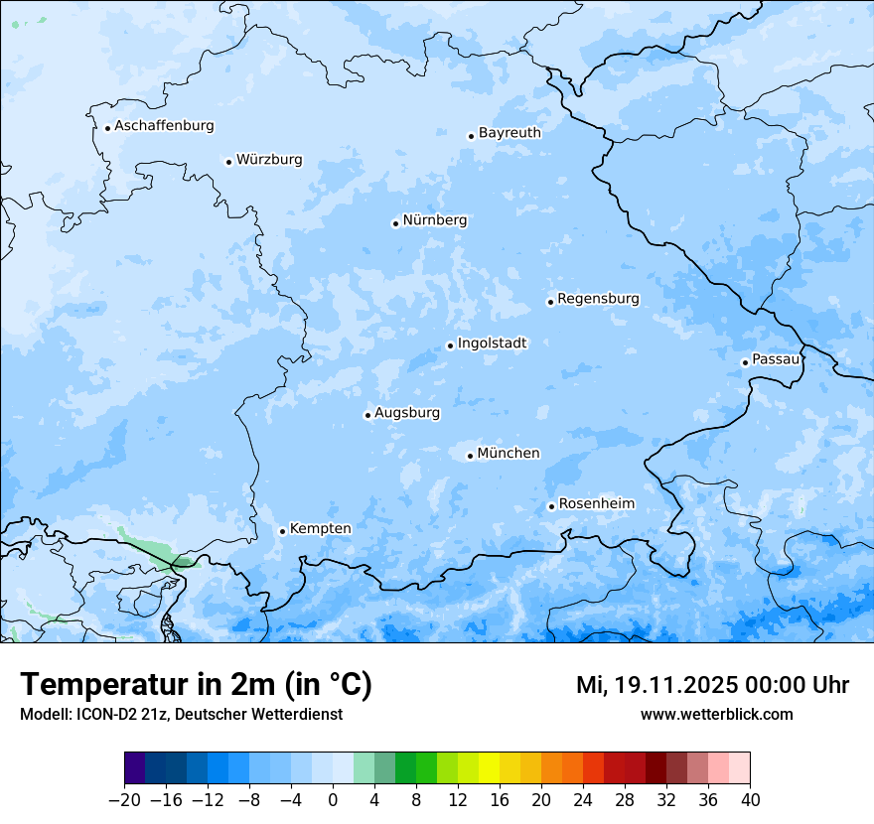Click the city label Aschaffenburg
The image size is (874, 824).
(x=164, y=126)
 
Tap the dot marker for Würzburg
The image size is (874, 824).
(x=228, y=162)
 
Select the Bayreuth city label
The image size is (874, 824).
(x=510, y=132)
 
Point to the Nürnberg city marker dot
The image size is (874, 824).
(x=395, y=223)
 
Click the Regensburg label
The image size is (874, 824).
(x=598, y=298)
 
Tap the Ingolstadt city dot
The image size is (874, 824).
(x=450, y=346)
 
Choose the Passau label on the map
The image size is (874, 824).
(x=776, y=358)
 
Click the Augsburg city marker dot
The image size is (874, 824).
(x=367, y=416)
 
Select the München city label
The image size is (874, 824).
(x=509, y=453)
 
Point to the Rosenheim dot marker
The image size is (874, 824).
(x=551, y=507)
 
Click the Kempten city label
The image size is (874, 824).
(x=320, y=528)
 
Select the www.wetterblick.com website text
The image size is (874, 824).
(x=716, y=714)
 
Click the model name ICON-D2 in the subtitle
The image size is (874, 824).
(x=104, y=714)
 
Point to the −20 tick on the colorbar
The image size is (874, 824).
(x=124, y=800)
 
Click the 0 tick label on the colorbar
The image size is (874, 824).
(x=333, y=800)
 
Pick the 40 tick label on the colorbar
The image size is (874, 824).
(x=750, y=800)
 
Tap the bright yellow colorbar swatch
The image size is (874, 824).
(x=489, y=768)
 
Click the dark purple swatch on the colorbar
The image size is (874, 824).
(x=135, y=768)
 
